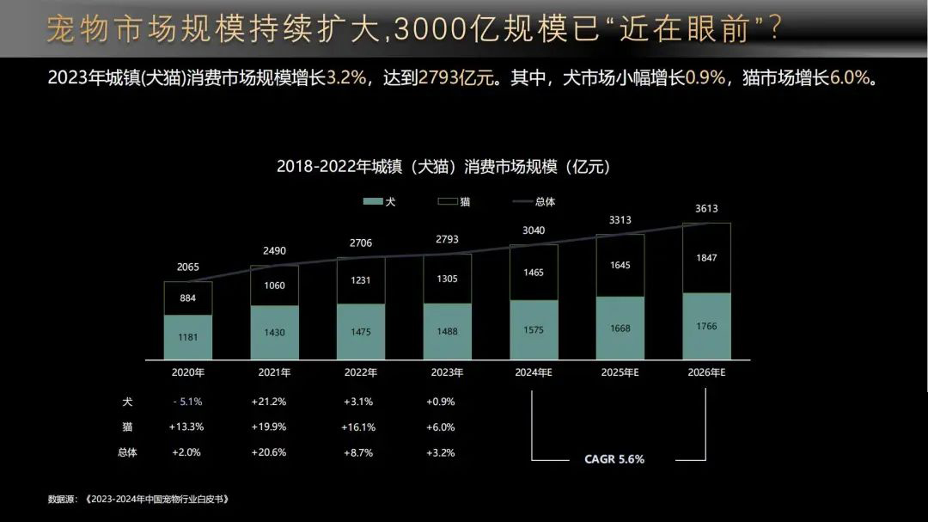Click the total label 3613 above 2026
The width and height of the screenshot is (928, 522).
point(706,208)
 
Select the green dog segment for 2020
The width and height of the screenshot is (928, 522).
point(188,337)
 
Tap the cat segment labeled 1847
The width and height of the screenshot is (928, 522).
point(706,258)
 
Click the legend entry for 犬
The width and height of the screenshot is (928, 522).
point(379,201)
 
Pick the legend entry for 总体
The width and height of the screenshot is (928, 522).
point(534,201)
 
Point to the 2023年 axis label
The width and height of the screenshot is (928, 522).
point(447,372)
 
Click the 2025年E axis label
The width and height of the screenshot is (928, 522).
point(620,372)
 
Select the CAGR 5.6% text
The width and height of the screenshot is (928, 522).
point(614,458)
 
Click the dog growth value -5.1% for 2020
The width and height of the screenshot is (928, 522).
point(186,402)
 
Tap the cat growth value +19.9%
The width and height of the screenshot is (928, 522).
point(269,427)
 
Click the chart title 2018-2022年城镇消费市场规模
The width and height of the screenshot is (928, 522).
point(443,166)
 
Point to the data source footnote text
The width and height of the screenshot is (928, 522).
point(138,499)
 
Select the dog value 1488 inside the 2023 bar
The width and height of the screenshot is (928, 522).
point(447,332)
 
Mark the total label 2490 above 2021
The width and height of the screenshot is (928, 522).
point(274,251)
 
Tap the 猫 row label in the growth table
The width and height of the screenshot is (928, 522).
point(127,427)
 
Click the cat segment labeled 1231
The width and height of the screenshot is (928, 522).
point(361,279)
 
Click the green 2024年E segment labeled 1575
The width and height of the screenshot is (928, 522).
point(534,330)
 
